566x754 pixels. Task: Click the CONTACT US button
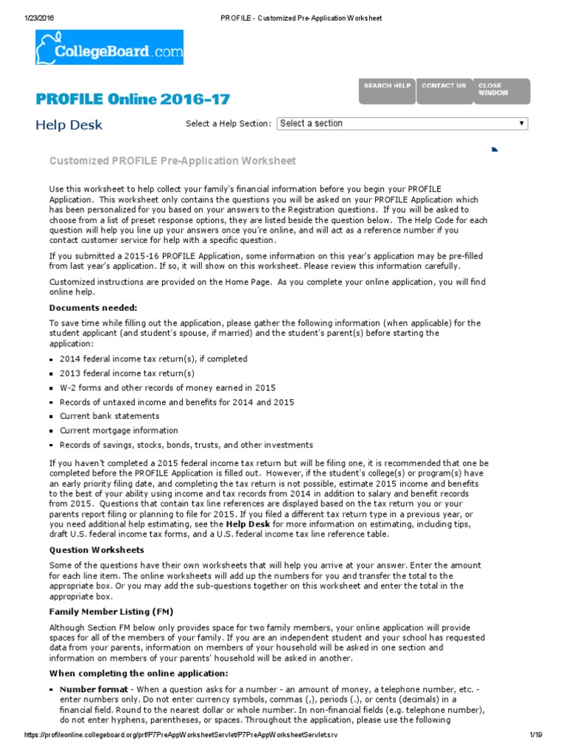(x=444, y=91)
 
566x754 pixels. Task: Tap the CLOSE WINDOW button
(x=501, y=91)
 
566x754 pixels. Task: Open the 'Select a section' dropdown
(x=402, y=124)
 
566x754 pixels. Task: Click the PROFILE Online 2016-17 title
(x=133, y=99)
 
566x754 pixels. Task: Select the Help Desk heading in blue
(x=69, y=125)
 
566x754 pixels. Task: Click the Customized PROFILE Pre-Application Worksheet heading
(x=172, y=161)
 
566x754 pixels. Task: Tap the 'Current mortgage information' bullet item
(x=119, y=430)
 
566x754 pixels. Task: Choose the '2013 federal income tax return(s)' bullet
(x=127, y=373)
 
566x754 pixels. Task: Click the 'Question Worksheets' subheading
(x=96, y=549)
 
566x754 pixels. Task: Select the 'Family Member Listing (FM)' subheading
(x=111, y=611)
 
